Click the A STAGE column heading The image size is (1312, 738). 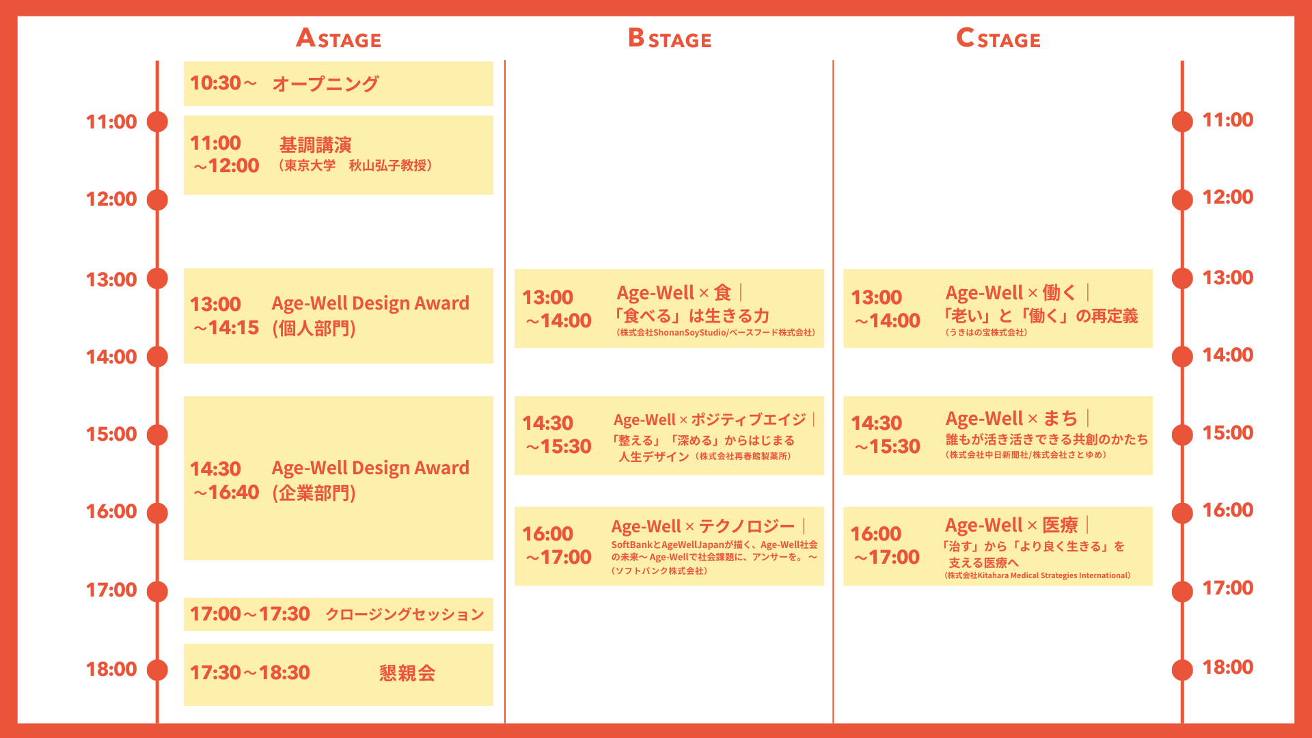[338, 38]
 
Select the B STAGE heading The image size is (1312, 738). [670, 38]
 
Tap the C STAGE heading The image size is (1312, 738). [998, 38]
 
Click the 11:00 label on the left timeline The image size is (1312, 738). [111, 122]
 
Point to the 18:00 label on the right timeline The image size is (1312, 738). [1228, 667]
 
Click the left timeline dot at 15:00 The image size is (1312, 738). [157, 435]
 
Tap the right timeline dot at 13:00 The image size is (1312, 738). [1182, 279]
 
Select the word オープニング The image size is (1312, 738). [325, 83]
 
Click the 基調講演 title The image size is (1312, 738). [315, 145]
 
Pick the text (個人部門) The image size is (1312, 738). [314, 329]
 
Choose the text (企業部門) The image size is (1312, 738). [314, 493]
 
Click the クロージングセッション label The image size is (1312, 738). [405, 614]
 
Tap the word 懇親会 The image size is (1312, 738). [407, 673]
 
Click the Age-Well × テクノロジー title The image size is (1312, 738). [703, 526]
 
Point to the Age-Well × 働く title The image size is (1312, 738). [1011, 293]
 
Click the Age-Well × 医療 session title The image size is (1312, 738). [1011, 525]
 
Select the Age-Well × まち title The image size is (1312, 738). [1011, 418]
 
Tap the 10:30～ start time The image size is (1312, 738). [223, 83]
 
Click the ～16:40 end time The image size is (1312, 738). [226, 492]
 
